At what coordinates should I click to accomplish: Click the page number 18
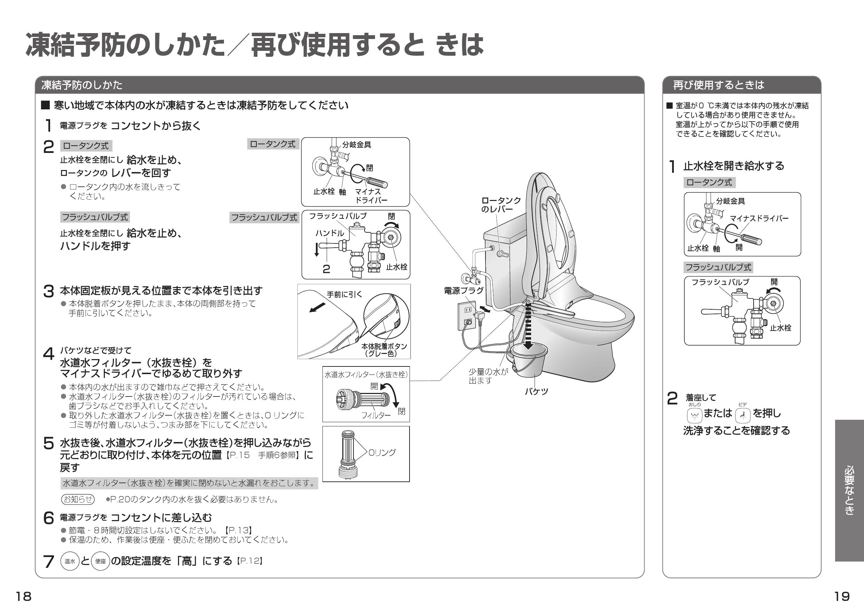click(x=23, y=597)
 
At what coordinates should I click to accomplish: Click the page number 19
click(x=842, y=597)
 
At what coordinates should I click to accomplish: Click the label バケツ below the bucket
click(x=536, y=392)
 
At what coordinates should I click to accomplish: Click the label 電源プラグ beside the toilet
click(x=464, y=290)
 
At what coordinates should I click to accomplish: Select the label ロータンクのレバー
click(x=500, y=205)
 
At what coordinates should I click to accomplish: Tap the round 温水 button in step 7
click(x=70, y=561)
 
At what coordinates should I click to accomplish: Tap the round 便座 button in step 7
click(x=101, y=561)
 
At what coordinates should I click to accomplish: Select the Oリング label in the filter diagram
click(x=382, y=453)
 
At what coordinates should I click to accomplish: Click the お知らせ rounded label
click(x=78, y=499)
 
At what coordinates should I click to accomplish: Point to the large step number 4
click(x=48, y=354)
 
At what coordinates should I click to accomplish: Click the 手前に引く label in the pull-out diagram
click(x=344, y=294)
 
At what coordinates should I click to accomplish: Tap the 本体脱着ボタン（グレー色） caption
click(x=384, y=350)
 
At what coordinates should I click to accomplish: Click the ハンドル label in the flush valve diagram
click(x=330, y=233)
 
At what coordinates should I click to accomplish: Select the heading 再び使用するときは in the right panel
click(x=718, y=85)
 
